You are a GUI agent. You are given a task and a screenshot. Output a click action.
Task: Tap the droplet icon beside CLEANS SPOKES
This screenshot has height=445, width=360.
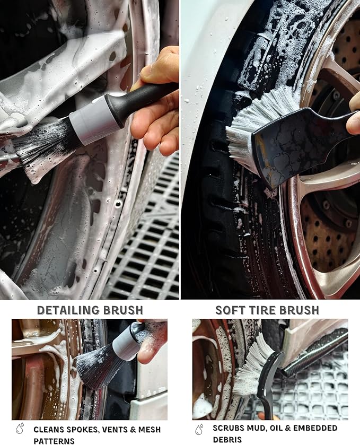click(x=20, y=429)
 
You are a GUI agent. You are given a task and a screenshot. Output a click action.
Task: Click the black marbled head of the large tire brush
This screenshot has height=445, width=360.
click(x=294, y=143)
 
